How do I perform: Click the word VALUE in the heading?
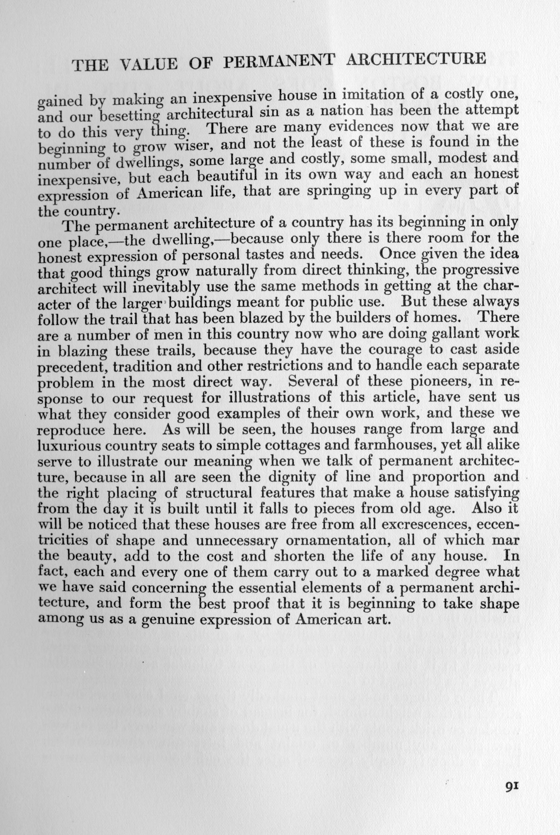149,64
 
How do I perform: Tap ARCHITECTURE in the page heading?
416,59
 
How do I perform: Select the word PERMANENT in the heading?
279,62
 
